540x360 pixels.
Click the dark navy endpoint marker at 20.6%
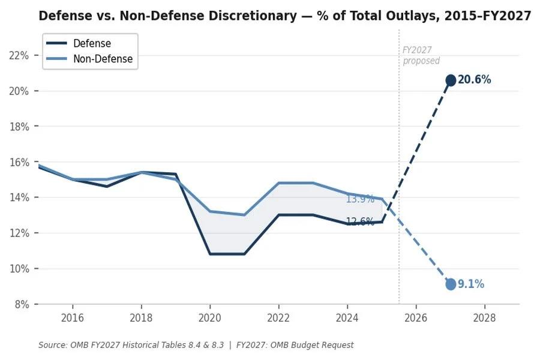click(451, 80)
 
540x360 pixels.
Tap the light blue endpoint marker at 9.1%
click(451, 284)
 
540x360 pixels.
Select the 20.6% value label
click(474, 80)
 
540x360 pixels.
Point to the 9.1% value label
click(471, 284)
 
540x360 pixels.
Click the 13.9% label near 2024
click(360, 199)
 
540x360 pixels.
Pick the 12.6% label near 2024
click(360, 221)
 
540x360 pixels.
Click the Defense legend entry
click(91, 43)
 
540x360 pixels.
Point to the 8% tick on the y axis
click(22, 304)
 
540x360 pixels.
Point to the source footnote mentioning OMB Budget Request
click(196, 345)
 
